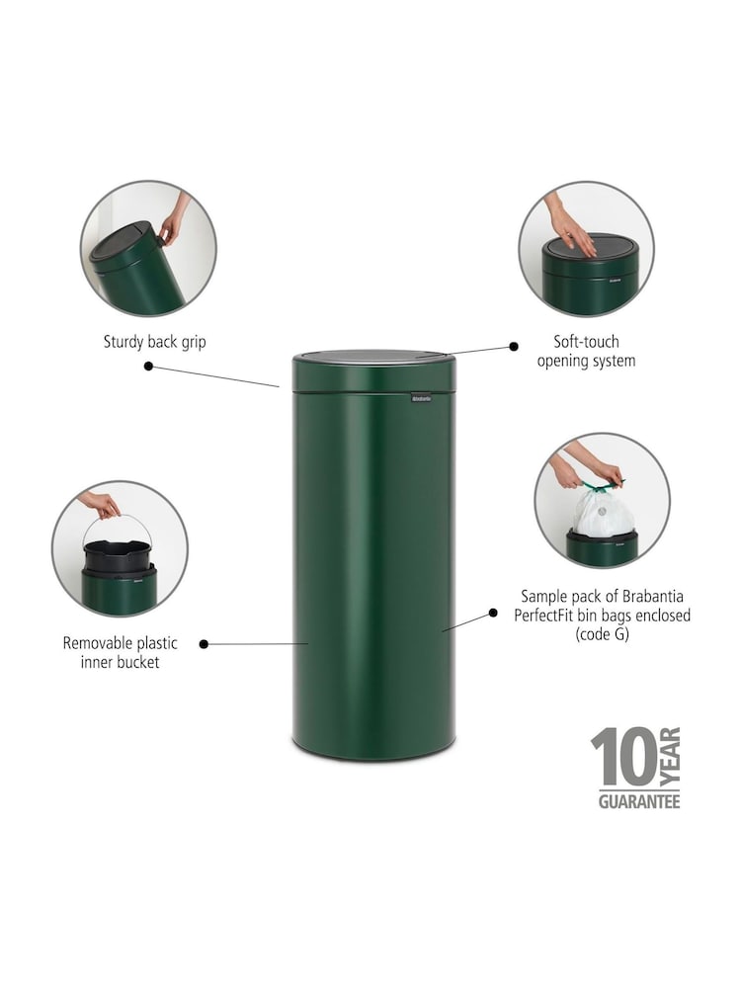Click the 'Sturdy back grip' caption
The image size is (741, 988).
[154, 342]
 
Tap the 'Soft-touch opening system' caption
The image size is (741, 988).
[586, 351]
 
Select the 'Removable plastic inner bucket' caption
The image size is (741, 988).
[120, 652]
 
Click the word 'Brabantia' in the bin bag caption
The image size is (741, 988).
[653, 596]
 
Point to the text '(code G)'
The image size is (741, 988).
[602, 634]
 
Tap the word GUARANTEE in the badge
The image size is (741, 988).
[639, 801]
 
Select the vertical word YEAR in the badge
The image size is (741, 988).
[671, 756]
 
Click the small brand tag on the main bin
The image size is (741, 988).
[422, 398]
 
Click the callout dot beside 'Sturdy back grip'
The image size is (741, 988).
[149, 367]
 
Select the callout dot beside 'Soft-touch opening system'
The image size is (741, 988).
[514, 346]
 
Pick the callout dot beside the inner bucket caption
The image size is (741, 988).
[204, 644]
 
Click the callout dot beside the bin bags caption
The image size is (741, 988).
[493, 614]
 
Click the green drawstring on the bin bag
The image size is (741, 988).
[603, 486]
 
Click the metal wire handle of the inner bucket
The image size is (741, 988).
[119, 522]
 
